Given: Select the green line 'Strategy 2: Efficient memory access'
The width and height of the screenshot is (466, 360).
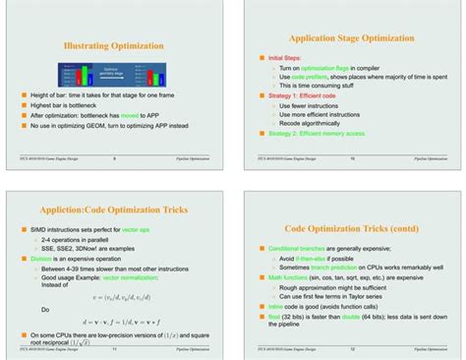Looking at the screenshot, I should coord(320,133).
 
